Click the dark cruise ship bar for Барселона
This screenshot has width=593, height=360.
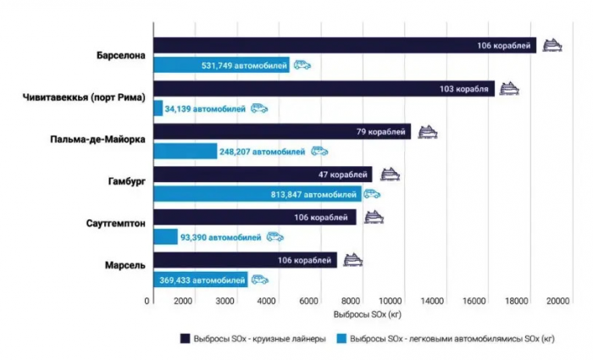[339, 45]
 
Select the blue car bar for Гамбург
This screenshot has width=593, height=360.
[254, 194]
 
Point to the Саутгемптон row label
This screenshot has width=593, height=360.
[108, 224]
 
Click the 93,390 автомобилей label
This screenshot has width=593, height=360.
[220, 237]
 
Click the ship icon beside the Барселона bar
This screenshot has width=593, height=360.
[552, 44]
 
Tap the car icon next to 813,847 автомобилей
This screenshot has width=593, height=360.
[373, 194]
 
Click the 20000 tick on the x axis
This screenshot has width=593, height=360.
[557, 302]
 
